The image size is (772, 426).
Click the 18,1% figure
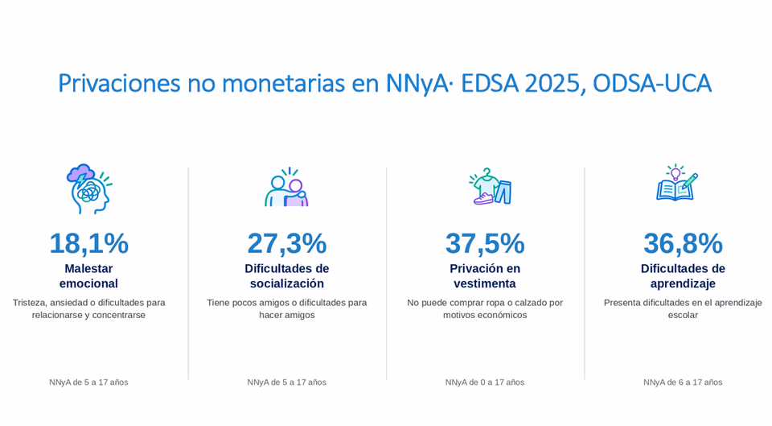click(x=89, y=243)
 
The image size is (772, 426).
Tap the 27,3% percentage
click(x=287, y=243)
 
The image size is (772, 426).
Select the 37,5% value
click(x=485, y=243)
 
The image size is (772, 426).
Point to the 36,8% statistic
click(x=683, y=243)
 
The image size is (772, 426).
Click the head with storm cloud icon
click(x=89, y=188)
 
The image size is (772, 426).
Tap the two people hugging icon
click(x=287, y=188)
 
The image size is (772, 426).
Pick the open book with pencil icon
click(x=677, y=183)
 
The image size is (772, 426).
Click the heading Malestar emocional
click(x=88, y=276)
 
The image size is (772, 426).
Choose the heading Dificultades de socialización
click(x=287, y=276)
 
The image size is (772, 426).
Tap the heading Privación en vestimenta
click(x=485, y=276)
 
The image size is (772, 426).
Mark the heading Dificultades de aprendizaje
click(x=683, y=276)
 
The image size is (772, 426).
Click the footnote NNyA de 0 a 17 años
click(x=485, y=383)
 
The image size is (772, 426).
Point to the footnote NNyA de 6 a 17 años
click(x=683, y=383)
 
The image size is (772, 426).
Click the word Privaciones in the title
click(x=120, y=83)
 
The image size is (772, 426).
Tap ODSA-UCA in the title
click(x=652, y=83)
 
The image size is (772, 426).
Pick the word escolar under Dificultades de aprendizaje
click(x=683, y=315)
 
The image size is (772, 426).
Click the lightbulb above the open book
click(x=675, y=172)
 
